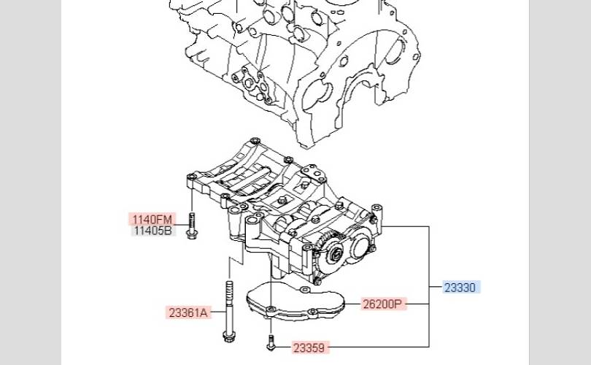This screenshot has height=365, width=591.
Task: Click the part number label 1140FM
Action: pos(152,220)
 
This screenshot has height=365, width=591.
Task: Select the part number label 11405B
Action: pos(153,231)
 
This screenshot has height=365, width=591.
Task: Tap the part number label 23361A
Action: pos(188,312)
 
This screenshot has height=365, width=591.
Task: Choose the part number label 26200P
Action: pos(382,304)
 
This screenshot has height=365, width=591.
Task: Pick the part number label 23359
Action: pos(309,347)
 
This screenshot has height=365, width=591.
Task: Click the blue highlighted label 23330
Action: pos(460,288)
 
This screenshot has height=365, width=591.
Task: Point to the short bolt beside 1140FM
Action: pos(192,226)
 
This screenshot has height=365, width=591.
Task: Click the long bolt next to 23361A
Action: pos(229,311)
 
